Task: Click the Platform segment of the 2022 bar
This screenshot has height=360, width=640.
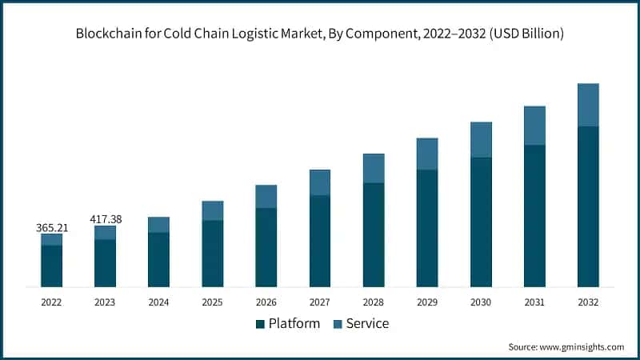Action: pos(51,266)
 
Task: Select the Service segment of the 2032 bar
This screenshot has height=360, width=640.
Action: pos(588,105)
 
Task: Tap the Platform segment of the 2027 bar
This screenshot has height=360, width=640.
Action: pos(320,241)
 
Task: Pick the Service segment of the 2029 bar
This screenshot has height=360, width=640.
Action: pos(427,154)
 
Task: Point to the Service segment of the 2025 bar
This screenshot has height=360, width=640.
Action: pos(213,210)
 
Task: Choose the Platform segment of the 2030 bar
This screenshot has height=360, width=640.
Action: pos(481,222)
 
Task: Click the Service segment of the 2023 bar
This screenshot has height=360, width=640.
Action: pos(105,232)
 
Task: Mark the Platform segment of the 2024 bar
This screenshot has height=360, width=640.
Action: pos(158,259)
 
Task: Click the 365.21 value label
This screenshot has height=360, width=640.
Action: pos(52,228)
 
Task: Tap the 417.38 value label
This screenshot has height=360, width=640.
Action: pos(105,218)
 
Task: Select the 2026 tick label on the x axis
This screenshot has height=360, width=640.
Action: pos(266,302)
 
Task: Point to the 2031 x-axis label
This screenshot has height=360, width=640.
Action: pos(534,302)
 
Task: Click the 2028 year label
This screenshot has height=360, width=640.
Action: pos(374,302)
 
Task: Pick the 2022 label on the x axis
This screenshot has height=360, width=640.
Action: pos(51,302)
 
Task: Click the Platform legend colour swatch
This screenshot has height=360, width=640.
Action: pos(260,324)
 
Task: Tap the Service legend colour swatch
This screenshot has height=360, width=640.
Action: pos(337,324)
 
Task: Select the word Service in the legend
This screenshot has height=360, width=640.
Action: pos(367,323)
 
